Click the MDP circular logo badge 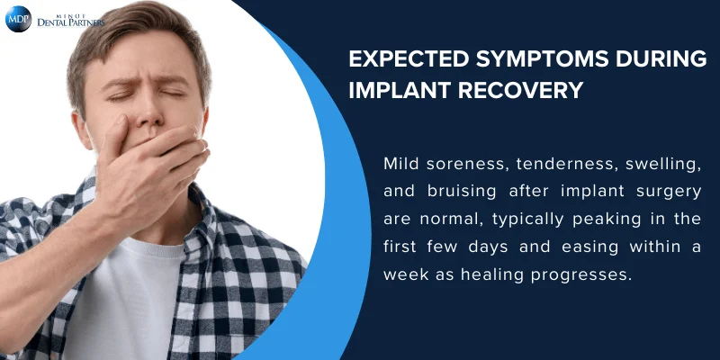point(18,19)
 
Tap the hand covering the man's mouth point(157,166)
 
